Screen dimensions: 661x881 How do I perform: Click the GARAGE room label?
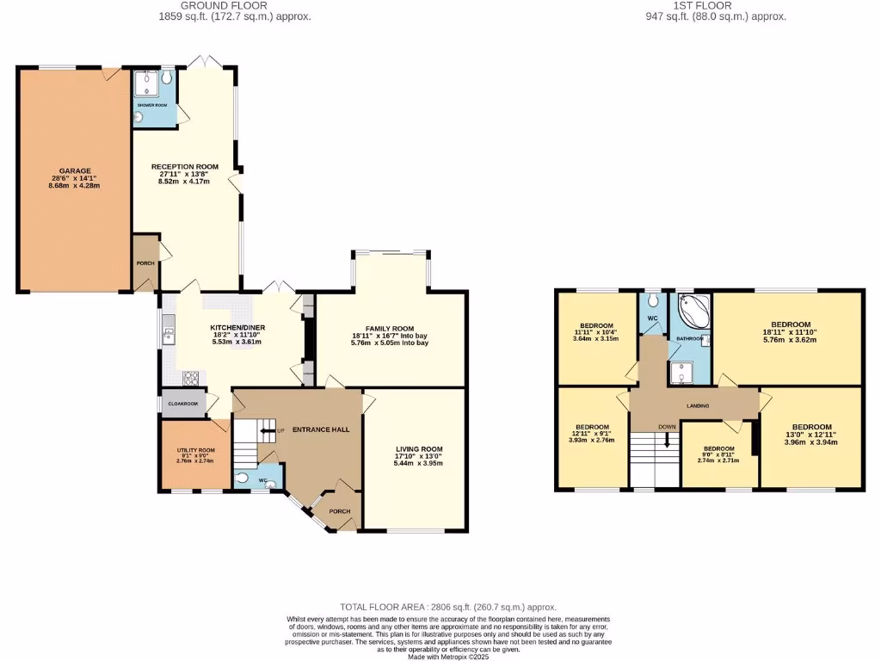[x=75, y=171]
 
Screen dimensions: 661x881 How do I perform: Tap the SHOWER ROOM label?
[x=151, y=105]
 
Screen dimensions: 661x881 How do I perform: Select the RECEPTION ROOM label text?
[x=185, y=167]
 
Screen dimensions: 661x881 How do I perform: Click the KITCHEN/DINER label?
[x=236, y=328]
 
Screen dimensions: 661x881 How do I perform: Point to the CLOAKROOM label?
[x=182, y=404]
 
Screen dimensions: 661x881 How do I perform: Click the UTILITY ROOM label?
[x=195, y=450]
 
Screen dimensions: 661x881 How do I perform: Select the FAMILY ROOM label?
[x=389, y=329]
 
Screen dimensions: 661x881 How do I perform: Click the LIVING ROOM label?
[x=418, y=449]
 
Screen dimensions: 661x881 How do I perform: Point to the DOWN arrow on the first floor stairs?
[x=667, y=438]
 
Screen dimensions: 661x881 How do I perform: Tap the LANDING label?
[x=697, y=405]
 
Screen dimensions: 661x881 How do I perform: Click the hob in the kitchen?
[x=191, y=376]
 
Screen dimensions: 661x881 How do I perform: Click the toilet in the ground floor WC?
[x=242, y=479]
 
